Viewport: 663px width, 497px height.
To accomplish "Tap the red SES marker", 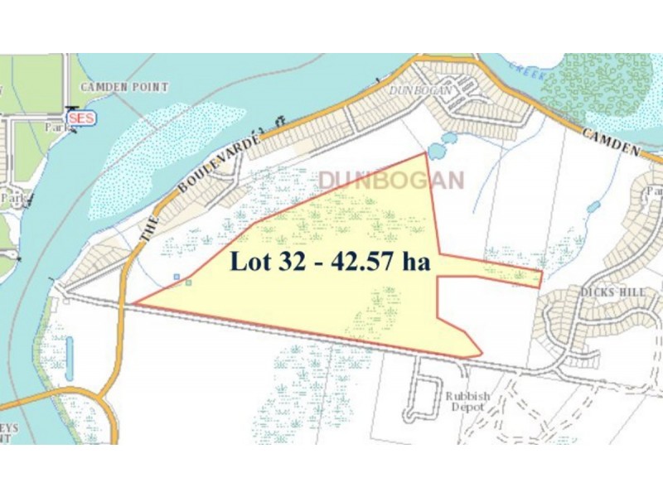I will click(x=81, y=118).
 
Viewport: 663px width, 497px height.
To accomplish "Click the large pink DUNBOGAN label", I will click(x=390, y=180).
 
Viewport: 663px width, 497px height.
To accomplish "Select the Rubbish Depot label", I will click(x=467, y=403).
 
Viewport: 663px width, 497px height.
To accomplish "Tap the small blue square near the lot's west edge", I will click(x=177, y=277).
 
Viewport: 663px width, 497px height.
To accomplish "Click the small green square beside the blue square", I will click(x=189, y=282).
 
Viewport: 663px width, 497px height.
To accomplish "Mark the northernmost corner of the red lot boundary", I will click(x=426, y=153).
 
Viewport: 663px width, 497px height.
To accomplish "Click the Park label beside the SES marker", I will click(x=57, y=129).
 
